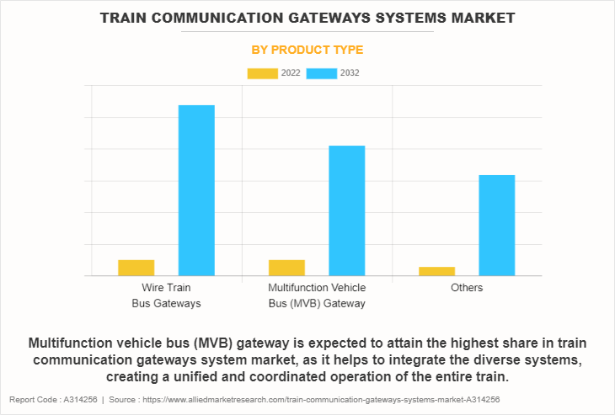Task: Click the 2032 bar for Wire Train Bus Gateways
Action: point(196,190)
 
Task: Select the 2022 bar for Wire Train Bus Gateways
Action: point(136,268)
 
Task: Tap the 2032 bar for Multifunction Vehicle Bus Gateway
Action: point(346,210)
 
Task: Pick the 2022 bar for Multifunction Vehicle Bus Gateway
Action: point(286,268)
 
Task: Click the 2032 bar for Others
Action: point(496,225)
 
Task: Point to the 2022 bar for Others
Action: point(436,271)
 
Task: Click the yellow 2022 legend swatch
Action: point(262,73)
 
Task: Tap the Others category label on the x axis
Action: point(466,288)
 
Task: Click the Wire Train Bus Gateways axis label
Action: point(166,295)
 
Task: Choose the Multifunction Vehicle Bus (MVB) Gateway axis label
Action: point(316,295)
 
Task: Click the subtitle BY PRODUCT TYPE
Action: point(307,51)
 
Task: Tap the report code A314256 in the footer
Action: point(78,400)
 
